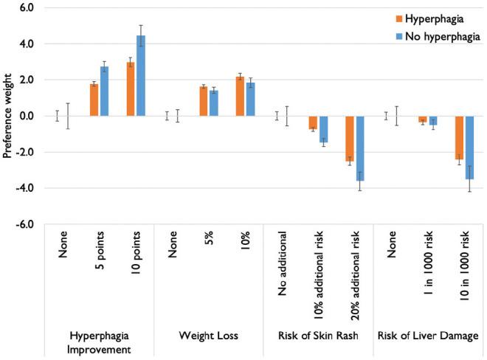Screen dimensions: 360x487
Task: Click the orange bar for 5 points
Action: pos(94,100)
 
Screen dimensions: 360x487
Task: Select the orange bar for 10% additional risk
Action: pos(313,122)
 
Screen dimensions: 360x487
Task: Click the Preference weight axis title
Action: pos(10,116)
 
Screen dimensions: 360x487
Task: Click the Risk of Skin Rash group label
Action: pos(318,336)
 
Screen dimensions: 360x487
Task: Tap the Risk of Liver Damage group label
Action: pos(427,336)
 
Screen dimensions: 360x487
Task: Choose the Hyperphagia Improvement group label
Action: pos(100,341)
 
